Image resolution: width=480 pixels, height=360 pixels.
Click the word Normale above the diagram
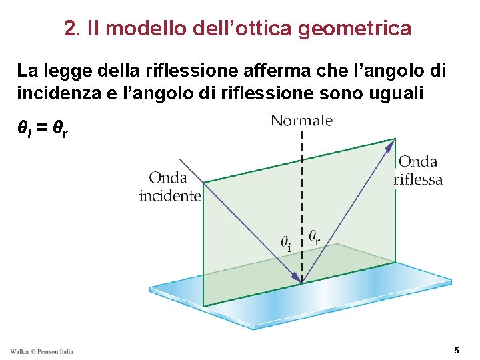coord(301,121)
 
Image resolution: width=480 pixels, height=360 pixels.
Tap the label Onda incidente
coord(169,187)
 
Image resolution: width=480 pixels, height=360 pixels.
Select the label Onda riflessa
coord(419,171)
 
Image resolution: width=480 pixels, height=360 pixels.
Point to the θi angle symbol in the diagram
coord(285,243)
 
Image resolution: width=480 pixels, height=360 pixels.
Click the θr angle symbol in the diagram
coord(315,237)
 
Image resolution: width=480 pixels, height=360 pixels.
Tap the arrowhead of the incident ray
coord(294,275)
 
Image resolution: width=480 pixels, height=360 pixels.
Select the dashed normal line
coord(303,200)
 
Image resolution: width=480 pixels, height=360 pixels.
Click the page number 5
coord(456,350)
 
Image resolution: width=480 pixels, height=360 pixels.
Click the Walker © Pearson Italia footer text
coord(41,351)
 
